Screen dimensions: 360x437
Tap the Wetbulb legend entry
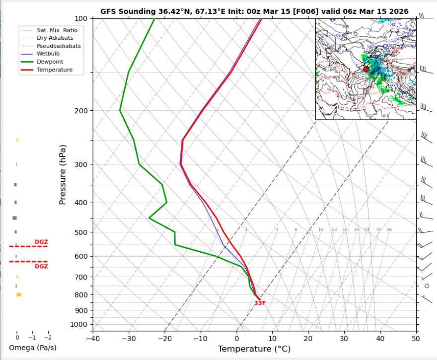(50, 54)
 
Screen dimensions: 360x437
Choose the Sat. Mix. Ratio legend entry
(57, 30)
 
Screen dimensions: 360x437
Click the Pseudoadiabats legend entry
(59, 46)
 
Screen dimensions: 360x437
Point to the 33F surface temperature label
(260, 303)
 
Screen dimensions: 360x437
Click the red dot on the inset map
(366, 69)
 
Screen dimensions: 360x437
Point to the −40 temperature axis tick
(93, 339)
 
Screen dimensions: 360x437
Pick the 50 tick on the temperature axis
(416, 339)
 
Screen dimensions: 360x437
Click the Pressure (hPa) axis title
(63, 175)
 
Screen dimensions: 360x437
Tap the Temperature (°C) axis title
(254, 349)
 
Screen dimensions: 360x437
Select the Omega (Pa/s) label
(32, 348)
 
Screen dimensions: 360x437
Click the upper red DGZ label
(41, 242)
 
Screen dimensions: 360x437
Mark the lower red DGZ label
(41, 267)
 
